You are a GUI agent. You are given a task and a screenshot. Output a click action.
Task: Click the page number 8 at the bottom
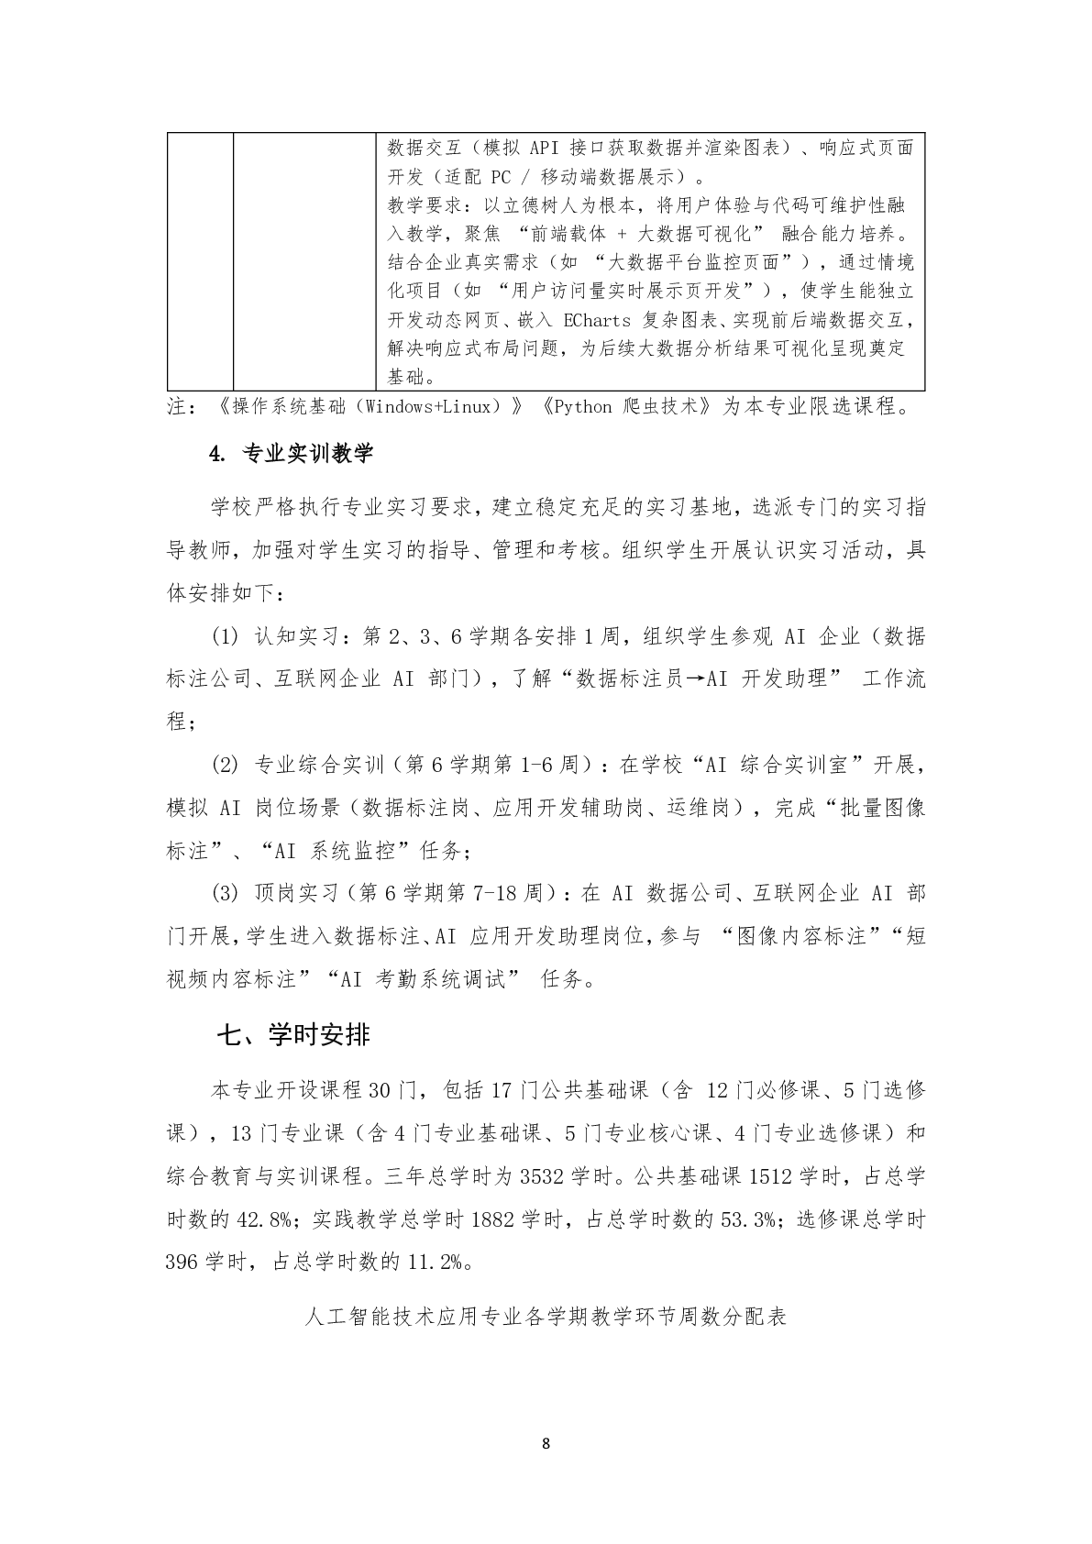546,1443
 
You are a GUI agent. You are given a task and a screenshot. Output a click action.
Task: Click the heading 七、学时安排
293,1035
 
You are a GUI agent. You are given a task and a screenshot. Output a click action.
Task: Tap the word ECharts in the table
597,320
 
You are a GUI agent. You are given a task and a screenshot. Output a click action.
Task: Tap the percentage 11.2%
435,1263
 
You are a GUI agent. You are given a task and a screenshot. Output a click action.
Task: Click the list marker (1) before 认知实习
225,636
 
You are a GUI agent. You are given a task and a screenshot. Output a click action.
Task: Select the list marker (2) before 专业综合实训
225,765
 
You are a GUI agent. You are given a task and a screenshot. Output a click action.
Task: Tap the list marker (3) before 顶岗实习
225,893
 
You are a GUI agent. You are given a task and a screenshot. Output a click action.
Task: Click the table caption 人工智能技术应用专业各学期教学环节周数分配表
546,1318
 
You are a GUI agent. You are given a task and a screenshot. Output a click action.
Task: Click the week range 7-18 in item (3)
500,893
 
